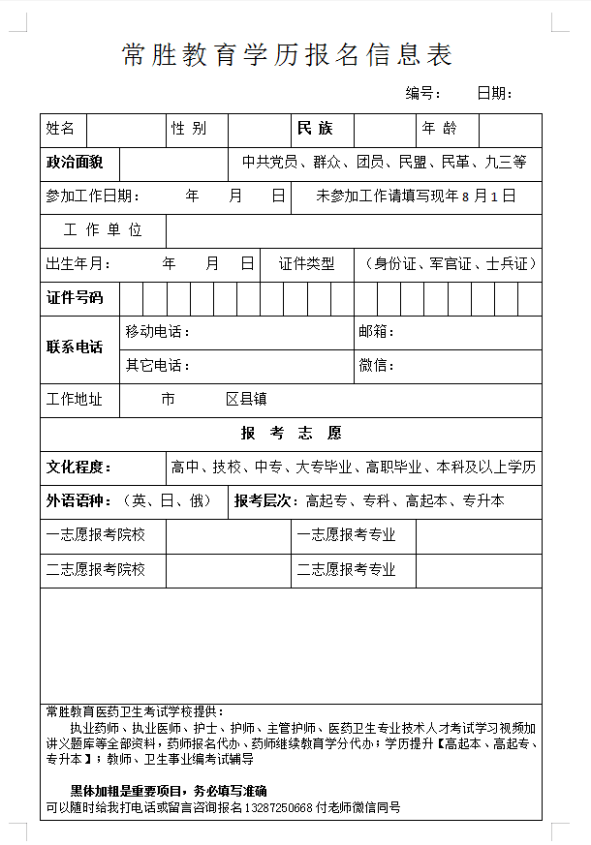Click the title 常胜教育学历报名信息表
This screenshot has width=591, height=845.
288,55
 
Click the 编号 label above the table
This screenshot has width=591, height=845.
423,94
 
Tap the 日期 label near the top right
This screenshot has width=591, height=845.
494,94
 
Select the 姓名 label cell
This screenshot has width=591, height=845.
61,129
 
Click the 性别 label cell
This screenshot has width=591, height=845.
189,129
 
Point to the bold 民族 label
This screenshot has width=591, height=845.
314,129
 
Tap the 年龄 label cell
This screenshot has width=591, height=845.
439,129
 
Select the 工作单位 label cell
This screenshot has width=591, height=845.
103,230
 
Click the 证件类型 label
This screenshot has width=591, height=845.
306,263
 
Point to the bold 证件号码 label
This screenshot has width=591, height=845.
75,297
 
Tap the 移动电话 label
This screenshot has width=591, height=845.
157,332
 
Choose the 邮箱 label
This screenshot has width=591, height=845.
376,332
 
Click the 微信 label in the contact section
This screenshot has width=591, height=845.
376,366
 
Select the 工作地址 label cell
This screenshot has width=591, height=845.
75,399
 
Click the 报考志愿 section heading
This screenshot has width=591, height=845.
291,433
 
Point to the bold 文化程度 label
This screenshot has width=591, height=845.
79,467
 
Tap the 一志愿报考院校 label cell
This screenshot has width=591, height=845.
96,534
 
